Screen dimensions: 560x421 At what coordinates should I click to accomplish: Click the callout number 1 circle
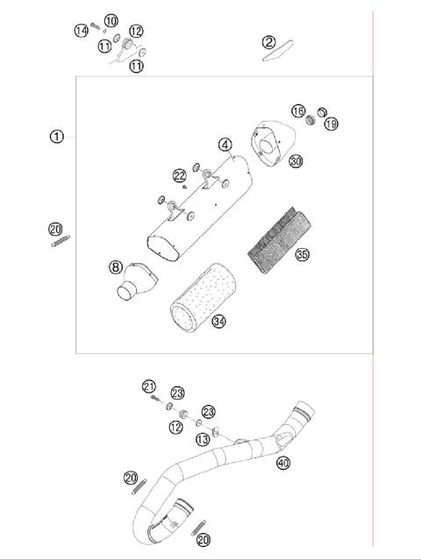(57, 136)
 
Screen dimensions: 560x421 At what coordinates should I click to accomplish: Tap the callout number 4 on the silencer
(225, 144)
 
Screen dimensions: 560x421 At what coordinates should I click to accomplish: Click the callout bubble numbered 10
(111, 20)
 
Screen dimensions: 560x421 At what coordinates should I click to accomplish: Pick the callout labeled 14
(81, 31)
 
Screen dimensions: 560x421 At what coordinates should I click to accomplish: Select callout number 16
(298, 111)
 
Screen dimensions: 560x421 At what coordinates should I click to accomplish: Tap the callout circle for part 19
(331, 124)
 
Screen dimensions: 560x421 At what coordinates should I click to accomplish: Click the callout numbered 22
(179, 175)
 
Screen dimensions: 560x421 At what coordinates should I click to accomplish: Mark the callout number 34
(219, 322)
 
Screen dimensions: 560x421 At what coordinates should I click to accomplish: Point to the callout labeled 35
(303, 256)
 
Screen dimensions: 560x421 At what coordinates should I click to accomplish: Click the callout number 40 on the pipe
(282, 462)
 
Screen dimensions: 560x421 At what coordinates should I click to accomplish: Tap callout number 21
(149, 386)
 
